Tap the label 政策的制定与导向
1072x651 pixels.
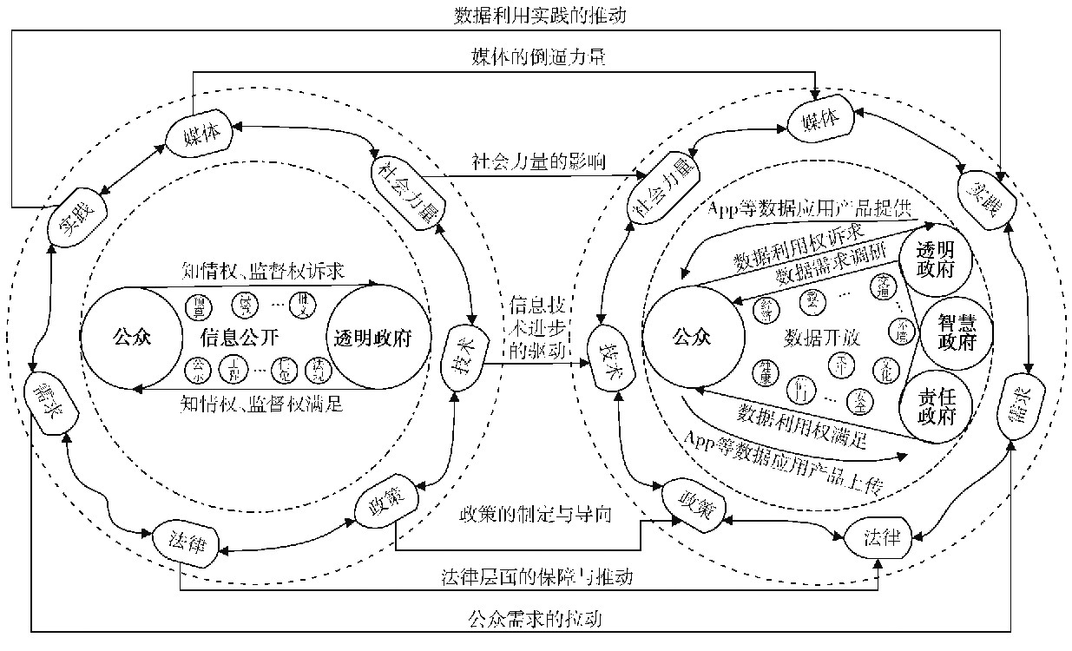pos(536,514)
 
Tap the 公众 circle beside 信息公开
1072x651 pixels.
pos(132,338)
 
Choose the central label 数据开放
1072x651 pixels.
pos(821,338)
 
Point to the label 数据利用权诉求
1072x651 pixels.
pos(799,247)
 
